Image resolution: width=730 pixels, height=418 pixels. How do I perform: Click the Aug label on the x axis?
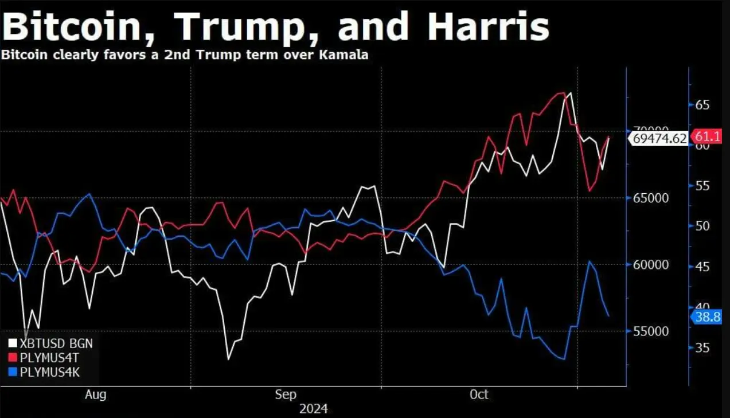point(95,394)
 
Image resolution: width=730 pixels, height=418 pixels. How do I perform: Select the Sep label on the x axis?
point(286,394)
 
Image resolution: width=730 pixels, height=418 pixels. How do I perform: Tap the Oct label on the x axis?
point(479,394)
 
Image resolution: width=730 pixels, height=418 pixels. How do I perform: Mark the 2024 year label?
point(313,409)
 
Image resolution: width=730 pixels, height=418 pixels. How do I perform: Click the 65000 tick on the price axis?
point(650,198)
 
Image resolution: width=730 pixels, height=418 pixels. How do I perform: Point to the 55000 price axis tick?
point(650,331)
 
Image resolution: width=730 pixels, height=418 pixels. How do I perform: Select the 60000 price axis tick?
point(650,265)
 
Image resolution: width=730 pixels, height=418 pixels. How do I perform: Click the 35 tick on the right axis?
point(702,347)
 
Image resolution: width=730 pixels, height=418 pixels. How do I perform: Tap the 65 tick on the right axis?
point(702,105)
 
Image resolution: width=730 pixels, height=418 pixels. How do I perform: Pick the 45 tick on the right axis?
point(702,267)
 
